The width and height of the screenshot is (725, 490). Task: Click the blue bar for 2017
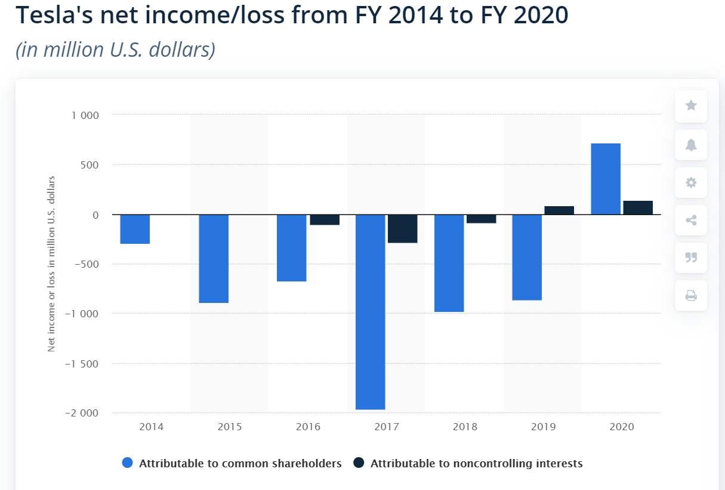point(370,312)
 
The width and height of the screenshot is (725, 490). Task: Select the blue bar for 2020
point(605,179)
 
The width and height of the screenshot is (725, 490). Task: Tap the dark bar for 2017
point(402,229)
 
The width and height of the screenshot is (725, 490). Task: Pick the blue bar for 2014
point(135,229)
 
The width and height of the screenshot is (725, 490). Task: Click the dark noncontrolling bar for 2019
point(559,210)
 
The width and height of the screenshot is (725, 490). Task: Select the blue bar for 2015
point(214,259)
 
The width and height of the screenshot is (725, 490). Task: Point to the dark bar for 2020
point(638,207)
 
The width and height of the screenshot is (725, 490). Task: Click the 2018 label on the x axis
point(465,427)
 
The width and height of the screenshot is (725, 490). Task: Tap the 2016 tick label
point(308,427)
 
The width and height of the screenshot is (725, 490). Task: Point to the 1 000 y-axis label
point(86,115)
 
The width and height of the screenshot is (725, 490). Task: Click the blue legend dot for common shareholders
point(127,463)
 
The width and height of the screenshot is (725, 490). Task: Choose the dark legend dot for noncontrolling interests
point(359,463)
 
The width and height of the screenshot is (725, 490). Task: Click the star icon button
point(691,106)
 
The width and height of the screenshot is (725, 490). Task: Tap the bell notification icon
point(691,145)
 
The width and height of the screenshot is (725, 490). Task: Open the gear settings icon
point(691,183)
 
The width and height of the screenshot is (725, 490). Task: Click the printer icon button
point(691,295)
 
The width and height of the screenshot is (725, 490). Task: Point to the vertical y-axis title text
point(51,264)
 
